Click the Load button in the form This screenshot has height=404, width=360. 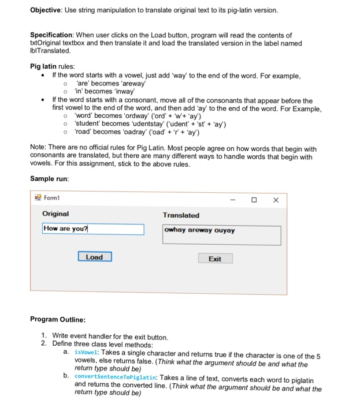(95, 257)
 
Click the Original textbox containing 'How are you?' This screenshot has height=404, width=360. (93, 229)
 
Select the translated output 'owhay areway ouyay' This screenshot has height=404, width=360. (199, 230)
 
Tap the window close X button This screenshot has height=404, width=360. (276, 200)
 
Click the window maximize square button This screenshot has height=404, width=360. (254, 200)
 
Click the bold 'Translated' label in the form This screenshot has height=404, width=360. (181, 215)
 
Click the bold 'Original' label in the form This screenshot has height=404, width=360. (55, 214)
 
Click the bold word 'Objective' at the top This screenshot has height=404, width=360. (48, 10)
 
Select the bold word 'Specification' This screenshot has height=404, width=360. (54, 35)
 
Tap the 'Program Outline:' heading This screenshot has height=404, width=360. (58, 319)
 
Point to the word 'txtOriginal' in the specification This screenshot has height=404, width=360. (49, 43)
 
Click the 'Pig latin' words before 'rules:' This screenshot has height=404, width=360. (44, 67)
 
